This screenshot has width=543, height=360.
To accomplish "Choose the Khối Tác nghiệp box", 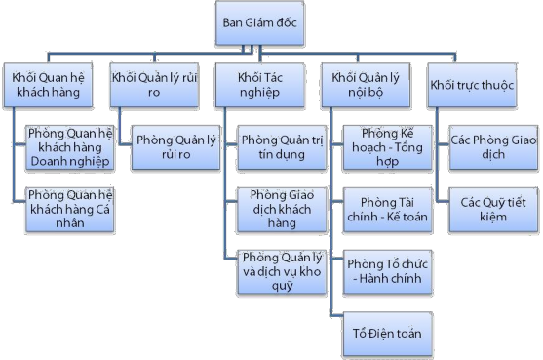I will point(257,85).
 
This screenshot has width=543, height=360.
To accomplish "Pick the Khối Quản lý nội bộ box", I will point(365,85).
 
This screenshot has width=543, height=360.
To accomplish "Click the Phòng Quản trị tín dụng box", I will point(279,143).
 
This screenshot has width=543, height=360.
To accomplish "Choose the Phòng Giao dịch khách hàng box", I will point(279,209).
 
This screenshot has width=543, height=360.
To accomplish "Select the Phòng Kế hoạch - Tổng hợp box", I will point(386,143).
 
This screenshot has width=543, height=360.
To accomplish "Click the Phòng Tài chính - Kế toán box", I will point(386,209).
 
